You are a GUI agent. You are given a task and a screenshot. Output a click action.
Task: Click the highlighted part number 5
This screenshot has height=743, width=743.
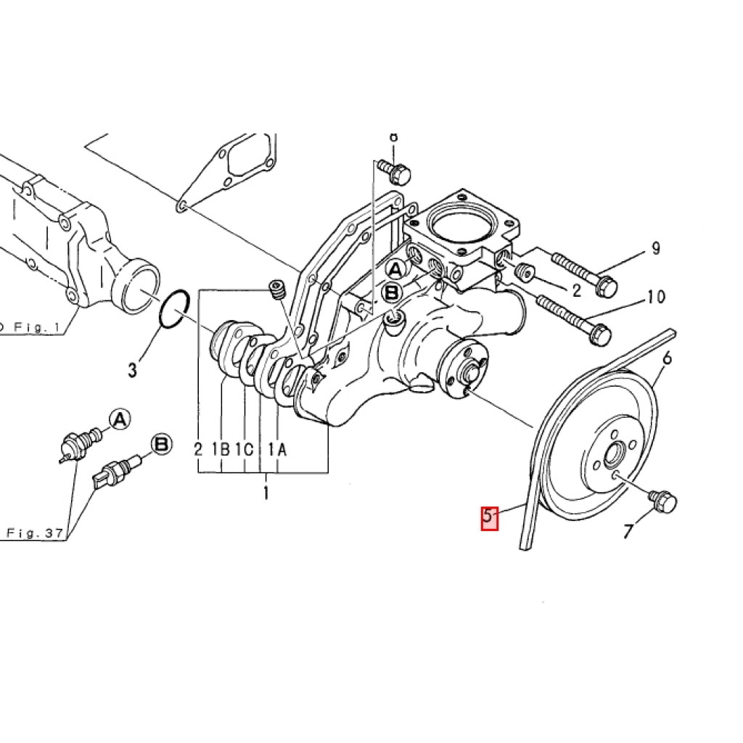click(490, 519)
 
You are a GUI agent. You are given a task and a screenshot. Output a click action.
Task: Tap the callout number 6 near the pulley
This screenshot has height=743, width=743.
click(667, 358)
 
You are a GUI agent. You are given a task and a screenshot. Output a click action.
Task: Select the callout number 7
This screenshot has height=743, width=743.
click(628, 532)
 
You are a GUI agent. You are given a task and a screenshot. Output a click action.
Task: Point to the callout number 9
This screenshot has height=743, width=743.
click(655, 249)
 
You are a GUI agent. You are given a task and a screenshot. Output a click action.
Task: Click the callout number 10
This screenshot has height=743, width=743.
click(655, 297)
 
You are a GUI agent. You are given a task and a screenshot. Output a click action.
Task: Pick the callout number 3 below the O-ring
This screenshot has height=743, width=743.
click(132, 370)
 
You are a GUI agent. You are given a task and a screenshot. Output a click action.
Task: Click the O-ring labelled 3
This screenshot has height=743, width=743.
click(174, 310)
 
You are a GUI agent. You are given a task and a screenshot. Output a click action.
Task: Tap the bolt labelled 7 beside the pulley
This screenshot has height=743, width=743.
click(664, 500)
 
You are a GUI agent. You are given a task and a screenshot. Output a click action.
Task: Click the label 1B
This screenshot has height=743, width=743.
click(221, 450)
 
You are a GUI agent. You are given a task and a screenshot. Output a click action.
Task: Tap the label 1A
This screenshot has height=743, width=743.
click(278, 450)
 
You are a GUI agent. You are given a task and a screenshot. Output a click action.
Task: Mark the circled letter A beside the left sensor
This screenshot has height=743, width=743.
click(119, 419)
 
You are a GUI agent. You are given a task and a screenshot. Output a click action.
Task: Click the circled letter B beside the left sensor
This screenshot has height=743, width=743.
click(160, 445)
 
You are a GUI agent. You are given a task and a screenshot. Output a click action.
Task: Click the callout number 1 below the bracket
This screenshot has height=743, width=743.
click(266, 495)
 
